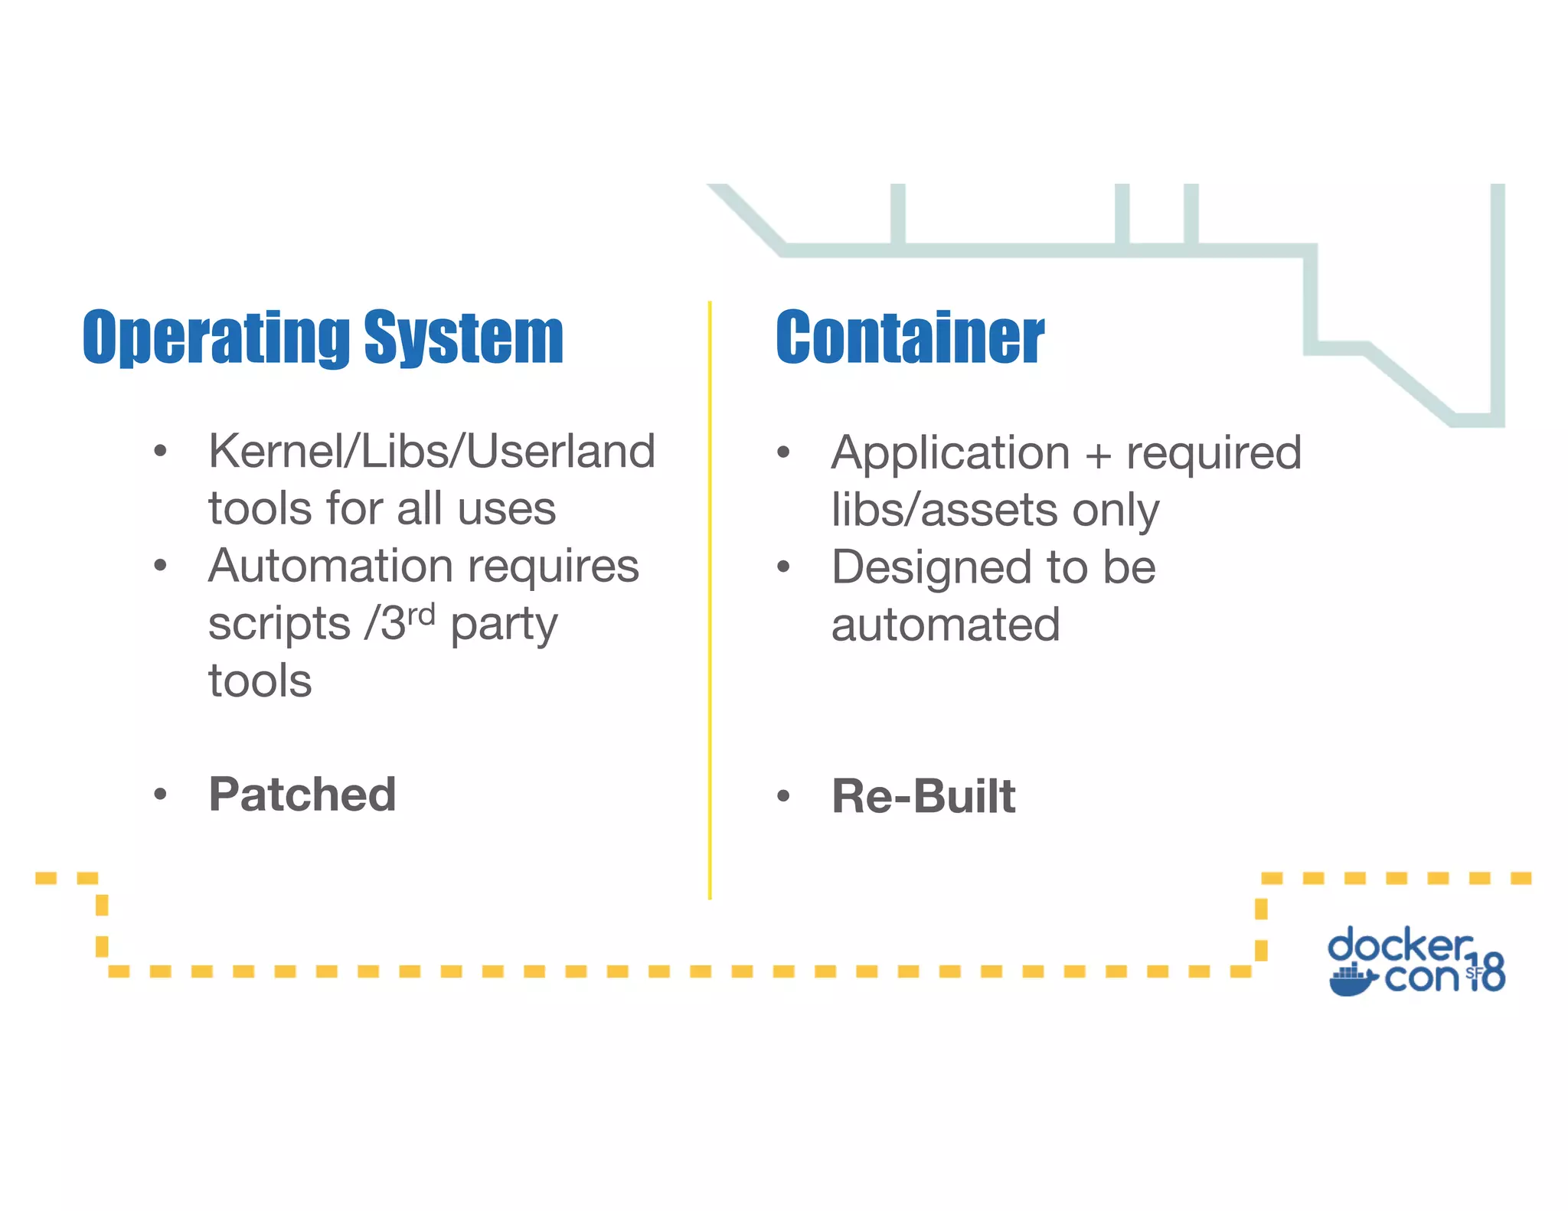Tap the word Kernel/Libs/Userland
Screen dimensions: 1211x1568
click(x=432, y=452)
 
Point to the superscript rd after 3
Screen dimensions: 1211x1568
click(x=420, y=614)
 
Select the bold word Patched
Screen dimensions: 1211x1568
click(x=302, y=795)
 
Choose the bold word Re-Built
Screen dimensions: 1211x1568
click(x=923, y=796)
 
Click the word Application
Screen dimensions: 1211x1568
click(x=950, y=453)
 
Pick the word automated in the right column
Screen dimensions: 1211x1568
click(x=946, y=625)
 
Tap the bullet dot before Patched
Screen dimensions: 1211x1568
click(x=160, y=795)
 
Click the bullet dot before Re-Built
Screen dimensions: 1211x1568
click(x=782, y=796)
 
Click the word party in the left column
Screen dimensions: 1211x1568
click(x=504, y=625)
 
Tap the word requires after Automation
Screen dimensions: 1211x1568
click(x=553, y=567)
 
